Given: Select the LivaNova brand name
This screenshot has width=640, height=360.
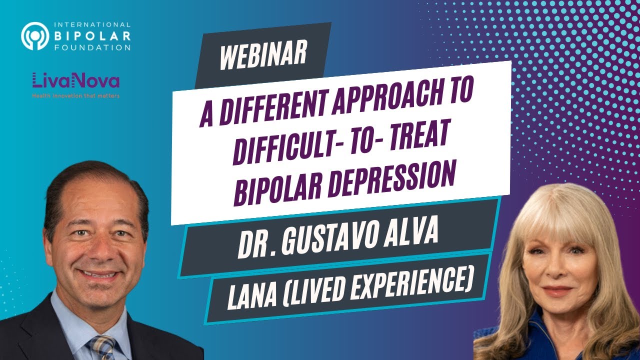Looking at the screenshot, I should (75, 80).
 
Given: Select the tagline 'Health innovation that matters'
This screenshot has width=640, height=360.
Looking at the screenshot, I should (75, 95).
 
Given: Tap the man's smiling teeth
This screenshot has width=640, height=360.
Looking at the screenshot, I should (98, 274).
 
